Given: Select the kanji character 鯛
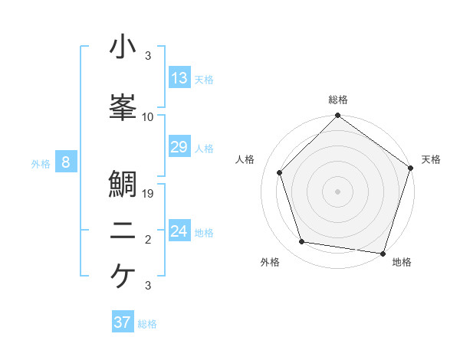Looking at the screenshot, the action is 123,187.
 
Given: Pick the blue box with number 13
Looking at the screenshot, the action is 179,78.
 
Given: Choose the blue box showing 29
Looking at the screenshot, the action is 179,147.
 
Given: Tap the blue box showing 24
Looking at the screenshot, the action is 179,231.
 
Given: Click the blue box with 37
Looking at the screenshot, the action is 123,322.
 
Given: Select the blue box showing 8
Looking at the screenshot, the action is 66,162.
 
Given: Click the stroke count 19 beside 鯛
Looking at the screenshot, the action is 149,194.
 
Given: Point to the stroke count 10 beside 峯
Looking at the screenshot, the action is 148,117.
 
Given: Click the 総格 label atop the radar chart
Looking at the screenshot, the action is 338,100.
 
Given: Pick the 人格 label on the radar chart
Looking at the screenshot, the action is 245,159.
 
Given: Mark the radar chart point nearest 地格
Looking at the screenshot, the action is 383,253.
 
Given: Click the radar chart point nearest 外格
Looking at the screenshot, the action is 302,242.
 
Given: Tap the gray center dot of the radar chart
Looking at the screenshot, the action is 337,191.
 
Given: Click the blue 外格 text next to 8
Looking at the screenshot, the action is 40,163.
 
